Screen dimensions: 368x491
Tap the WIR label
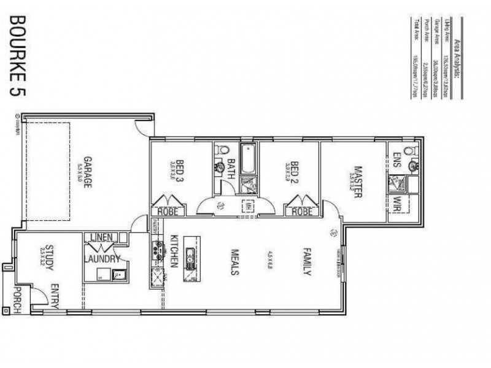(397, 202)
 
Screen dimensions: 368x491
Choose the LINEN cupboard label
(100, 237)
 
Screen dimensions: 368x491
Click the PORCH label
(17, 299)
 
